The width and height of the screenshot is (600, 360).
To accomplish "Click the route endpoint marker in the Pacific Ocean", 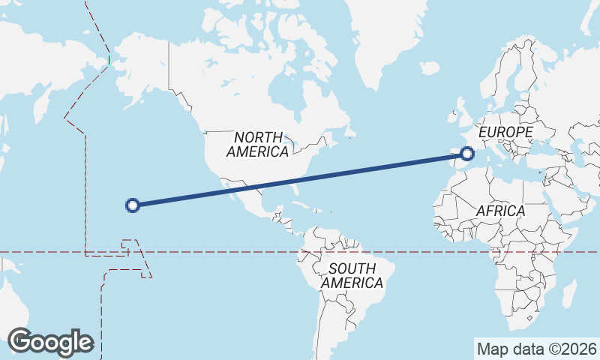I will click(x=133, y=205).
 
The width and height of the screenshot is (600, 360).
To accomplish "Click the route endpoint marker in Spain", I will click(x=468, y=154).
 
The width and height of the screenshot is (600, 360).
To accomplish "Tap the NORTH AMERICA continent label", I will click(x=257, y=144).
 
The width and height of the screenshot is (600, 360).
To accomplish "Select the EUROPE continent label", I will click(x=505, y=132).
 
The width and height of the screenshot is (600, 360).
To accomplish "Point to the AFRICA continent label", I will click(x=500, y=211).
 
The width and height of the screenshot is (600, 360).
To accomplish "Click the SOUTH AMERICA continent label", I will click(x=352, y=275).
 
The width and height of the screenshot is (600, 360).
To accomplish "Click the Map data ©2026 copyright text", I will click(x=537, y=349).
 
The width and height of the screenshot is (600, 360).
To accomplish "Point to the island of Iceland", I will click(x=430, y=67).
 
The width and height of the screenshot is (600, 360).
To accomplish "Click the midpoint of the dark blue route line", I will click(x=300, y=179).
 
